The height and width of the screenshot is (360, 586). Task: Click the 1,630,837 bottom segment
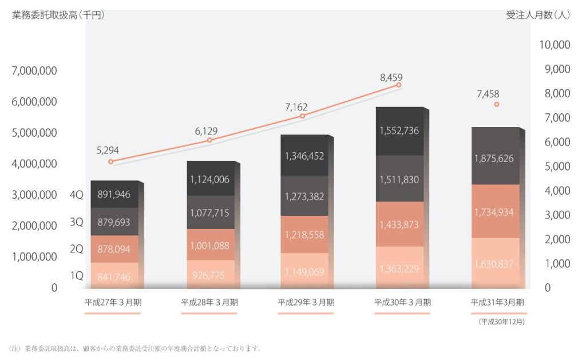pos(495,264)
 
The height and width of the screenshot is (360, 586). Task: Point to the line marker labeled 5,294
pos(110,162)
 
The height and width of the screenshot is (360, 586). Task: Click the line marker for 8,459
pos(399,85)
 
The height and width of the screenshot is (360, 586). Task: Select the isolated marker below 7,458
pos(497,104)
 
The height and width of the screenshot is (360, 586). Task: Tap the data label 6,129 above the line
pos(206,130)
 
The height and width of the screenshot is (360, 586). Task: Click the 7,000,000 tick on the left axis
pos(34,71)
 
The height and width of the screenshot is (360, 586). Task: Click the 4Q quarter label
pos(76,195)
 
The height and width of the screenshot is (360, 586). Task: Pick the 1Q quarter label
pos(76,276)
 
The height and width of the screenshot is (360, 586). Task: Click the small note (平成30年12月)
pos(501,322)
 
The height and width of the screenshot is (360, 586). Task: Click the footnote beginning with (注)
pos(136,348)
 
